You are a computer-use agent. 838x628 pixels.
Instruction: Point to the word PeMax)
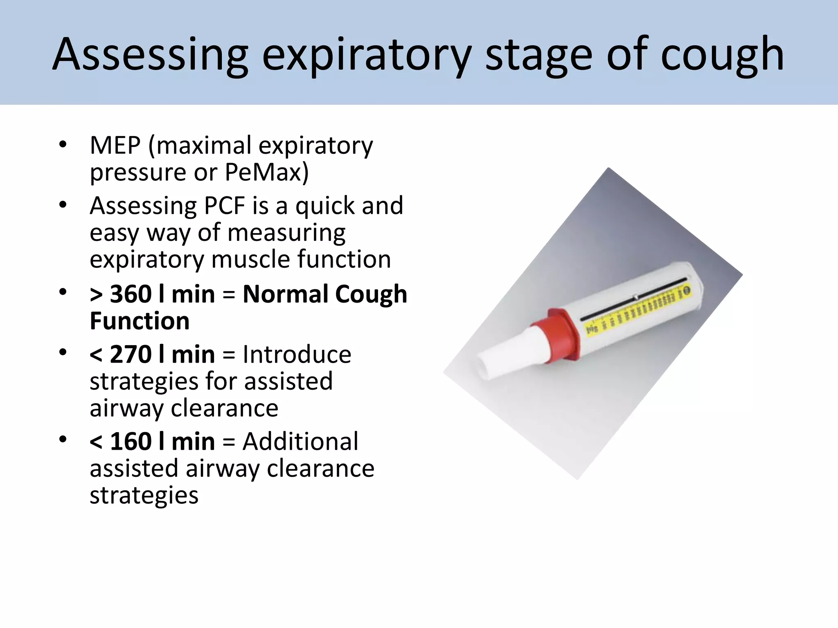pyautogui.click(x=266, y=172)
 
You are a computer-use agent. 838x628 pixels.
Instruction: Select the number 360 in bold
pyautogui.click(x=131, y=294)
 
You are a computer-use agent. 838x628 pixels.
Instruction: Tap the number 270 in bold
pyautogui.click(x=131, y=354)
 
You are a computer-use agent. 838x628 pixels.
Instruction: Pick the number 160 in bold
pyautogui.click(x=131, y=442)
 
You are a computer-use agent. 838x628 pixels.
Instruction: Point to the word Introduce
pyautogui.click(x=297, y=354)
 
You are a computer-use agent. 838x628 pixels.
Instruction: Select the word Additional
pyautogui.click(x=300, y=442)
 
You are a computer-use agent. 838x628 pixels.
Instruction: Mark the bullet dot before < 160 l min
pyautogui.click(x=63, y=440)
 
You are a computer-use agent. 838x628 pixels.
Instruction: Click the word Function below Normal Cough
pyautogui.click(x=140, y=321)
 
